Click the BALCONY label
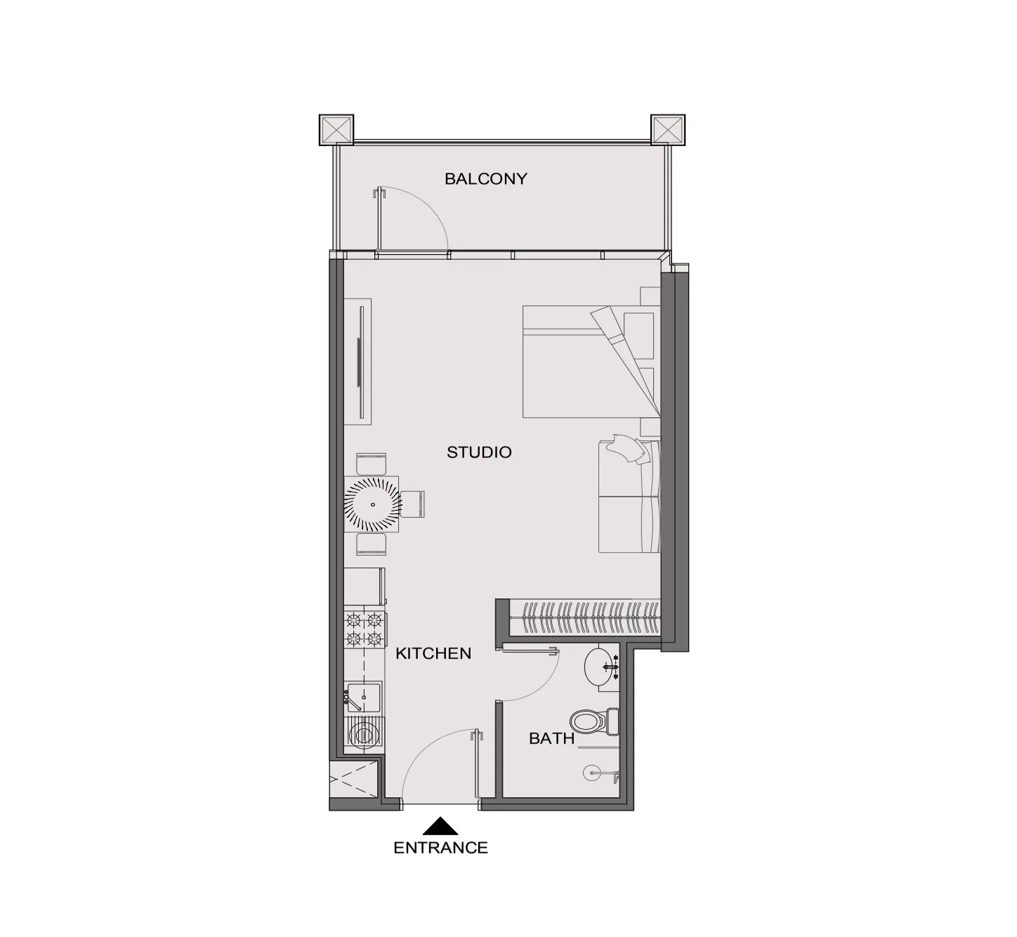tap(486, 179)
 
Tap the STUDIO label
tap(479, 452)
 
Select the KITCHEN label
tap(433, 653)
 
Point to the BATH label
tap(551, 738)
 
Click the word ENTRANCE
tap(440, 848)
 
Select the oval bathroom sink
tap(601, 667)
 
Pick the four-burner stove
tap(365, 629)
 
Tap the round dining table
tap(373, 504)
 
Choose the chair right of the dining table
tap(413, 504)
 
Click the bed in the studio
tap(591, 362)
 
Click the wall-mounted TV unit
tap(358, 362)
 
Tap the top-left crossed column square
tap(336, 130)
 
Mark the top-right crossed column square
tap(668, 130)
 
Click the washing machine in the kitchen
tap(364, 735)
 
